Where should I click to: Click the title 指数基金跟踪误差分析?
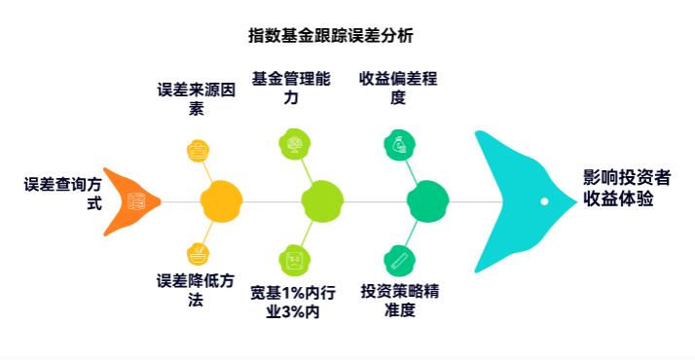click(330, 36)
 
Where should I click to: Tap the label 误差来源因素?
click(197, 97)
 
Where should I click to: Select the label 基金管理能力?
click(291, 88)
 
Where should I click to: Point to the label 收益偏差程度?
click(397, 88)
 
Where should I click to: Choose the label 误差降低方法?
click(196, 291)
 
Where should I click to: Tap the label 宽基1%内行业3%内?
click(292, 302)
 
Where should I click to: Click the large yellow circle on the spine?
click(221, 201)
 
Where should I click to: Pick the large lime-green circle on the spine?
click(322, 201)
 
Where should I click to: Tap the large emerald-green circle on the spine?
click(427, 201)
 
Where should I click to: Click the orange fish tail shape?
click(132, 201)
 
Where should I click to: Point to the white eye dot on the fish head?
click(544, 201)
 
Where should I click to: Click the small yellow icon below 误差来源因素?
click(198, 150)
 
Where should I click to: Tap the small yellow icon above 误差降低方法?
click(198, 254)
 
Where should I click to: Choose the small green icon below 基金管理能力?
click(291, 144)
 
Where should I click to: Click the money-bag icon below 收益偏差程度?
click(398, 144)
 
